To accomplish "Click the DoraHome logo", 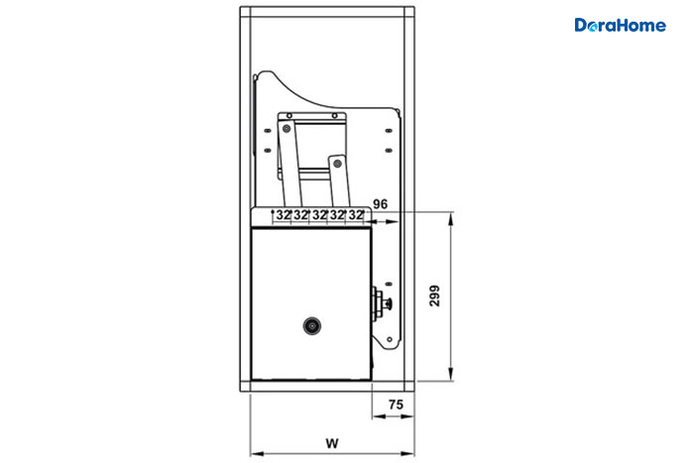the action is [620, 25].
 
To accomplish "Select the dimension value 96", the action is [380, 204].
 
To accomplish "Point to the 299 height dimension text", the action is [434, 295].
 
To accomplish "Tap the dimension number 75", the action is [396, 405].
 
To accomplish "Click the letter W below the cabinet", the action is [332, 443].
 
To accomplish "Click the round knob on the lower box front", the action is [312, 326].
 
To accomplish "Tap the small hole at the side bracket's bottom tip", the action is [390, 339].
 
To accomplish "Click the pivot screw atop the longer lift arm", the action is [287, 129].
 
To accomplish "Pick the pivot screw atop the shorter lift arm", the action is [337, 164].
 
